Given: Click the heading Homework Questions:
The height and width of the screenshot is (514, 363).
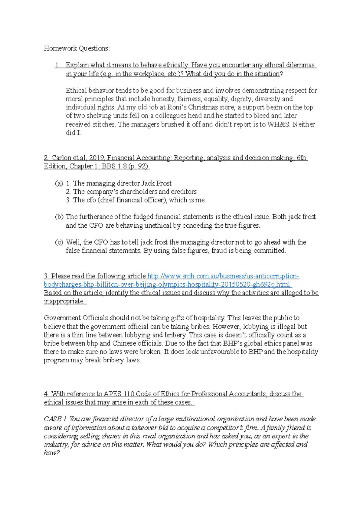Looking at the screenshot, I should coord(77,48).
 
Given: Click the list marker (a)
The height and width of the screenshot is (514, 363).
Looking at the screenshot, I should coord(59,183).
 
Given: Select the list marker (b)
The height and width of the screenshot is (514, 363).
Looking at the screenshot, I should coord(59,217).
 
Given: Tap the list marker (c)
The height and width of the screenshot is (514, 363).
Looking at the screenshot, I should coord(59,242).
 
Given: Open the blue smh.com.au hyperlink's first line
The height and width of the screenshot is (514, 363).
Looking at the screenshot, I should coord(223,276).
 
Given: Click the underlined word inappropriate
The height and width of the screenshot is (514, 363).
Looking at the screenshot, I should coord(64,301).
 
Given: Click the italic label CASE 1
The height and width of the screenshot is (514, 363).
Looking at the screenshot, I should coord(55,419).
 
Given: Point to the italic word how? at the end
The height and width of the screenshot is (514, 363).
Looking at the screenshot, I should coord(52,453).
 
